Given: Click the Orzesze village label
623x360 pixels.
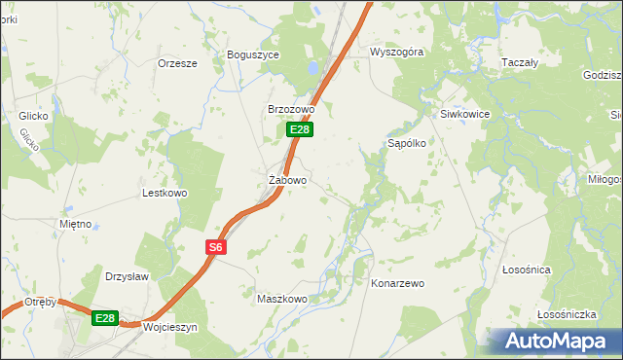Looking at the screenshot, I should pos(177,63).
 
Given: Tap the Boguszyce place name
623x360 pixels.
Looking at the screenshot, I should pos(252,55).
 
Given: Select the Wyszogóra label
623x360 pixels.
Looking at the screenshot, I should pos(396,53).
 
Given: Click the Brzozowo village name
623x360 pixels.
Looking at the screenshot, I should pos(291,110).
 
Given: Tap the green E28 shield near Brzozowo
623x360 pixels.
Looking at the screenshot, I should pos(300,129).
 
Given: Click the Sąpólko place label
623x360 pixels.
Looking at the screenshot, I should pos(407,142).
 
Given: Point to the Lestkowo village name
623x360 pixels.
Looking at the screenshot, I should pos(165,193).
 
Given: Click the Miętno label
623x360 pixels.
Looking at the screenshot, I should pos(75,224).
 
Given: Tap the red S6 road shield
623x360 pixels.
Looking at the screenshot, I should pos(216,248).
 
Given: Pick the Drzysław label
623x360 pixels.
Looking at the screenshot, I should pos(127,276).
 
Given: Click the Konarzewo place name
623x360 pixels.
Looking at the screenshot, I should pos(398,283).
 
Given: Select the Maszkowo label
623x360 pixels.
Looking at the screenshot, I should pos(281,299).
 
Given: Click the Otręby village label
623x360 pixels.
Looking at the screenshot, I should pos(41,302).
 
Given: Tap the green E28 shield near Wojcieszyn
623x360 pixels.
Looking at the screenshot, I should pos(105,318).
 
